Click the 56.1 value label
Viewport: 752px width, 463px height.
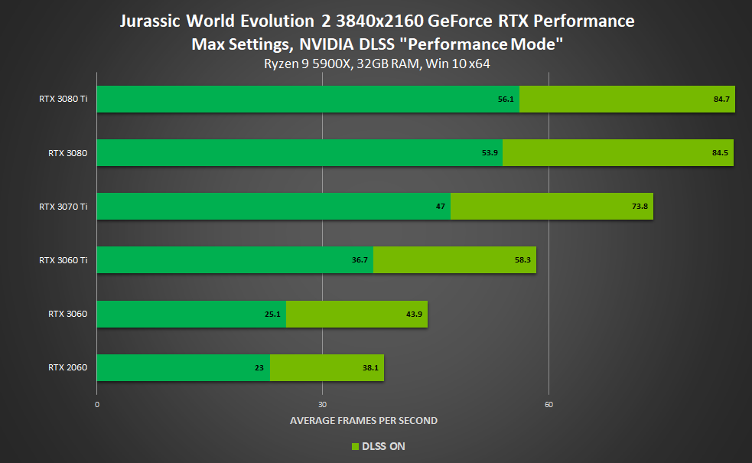tap(505, 99)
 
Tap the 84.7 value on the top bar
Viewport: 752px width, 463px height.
tap(721, 99)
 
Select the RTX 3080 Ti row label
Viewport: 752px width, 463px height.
tap(63, 99)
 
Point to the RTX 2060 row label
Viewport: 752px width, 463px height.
tap(67, 367)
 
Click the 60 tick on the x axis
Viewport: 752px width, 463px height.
tap(549, 404)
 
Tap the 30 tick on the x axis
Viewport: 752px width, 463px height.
tap(322, 404)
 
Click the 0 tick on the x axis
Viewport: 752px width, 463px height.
tap(97, 404)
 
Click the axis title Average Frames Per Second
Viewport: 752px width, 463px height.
tap(363, 420)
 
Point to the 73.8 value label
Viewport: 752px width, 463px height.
tap(639, 207)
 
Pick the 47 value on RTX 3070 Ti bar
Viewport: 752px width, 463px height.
tap(441, 207)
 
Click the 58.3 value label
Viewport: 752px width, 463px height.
tap(522, 260)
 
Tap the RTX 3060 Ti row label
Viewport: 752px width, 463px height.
tap(63, 260)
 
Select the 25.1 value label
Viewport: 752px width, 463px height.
tap(273, 314)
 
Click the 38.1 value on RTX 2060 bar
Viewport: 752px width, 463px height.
tap(369, 367)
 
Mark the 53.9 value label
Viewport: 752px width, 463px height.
tap(490, 153)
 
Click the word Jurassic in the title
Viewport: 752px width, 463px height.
tap(148, 21)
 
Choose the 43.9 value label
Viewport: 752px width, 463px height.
tap(413, 314)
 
